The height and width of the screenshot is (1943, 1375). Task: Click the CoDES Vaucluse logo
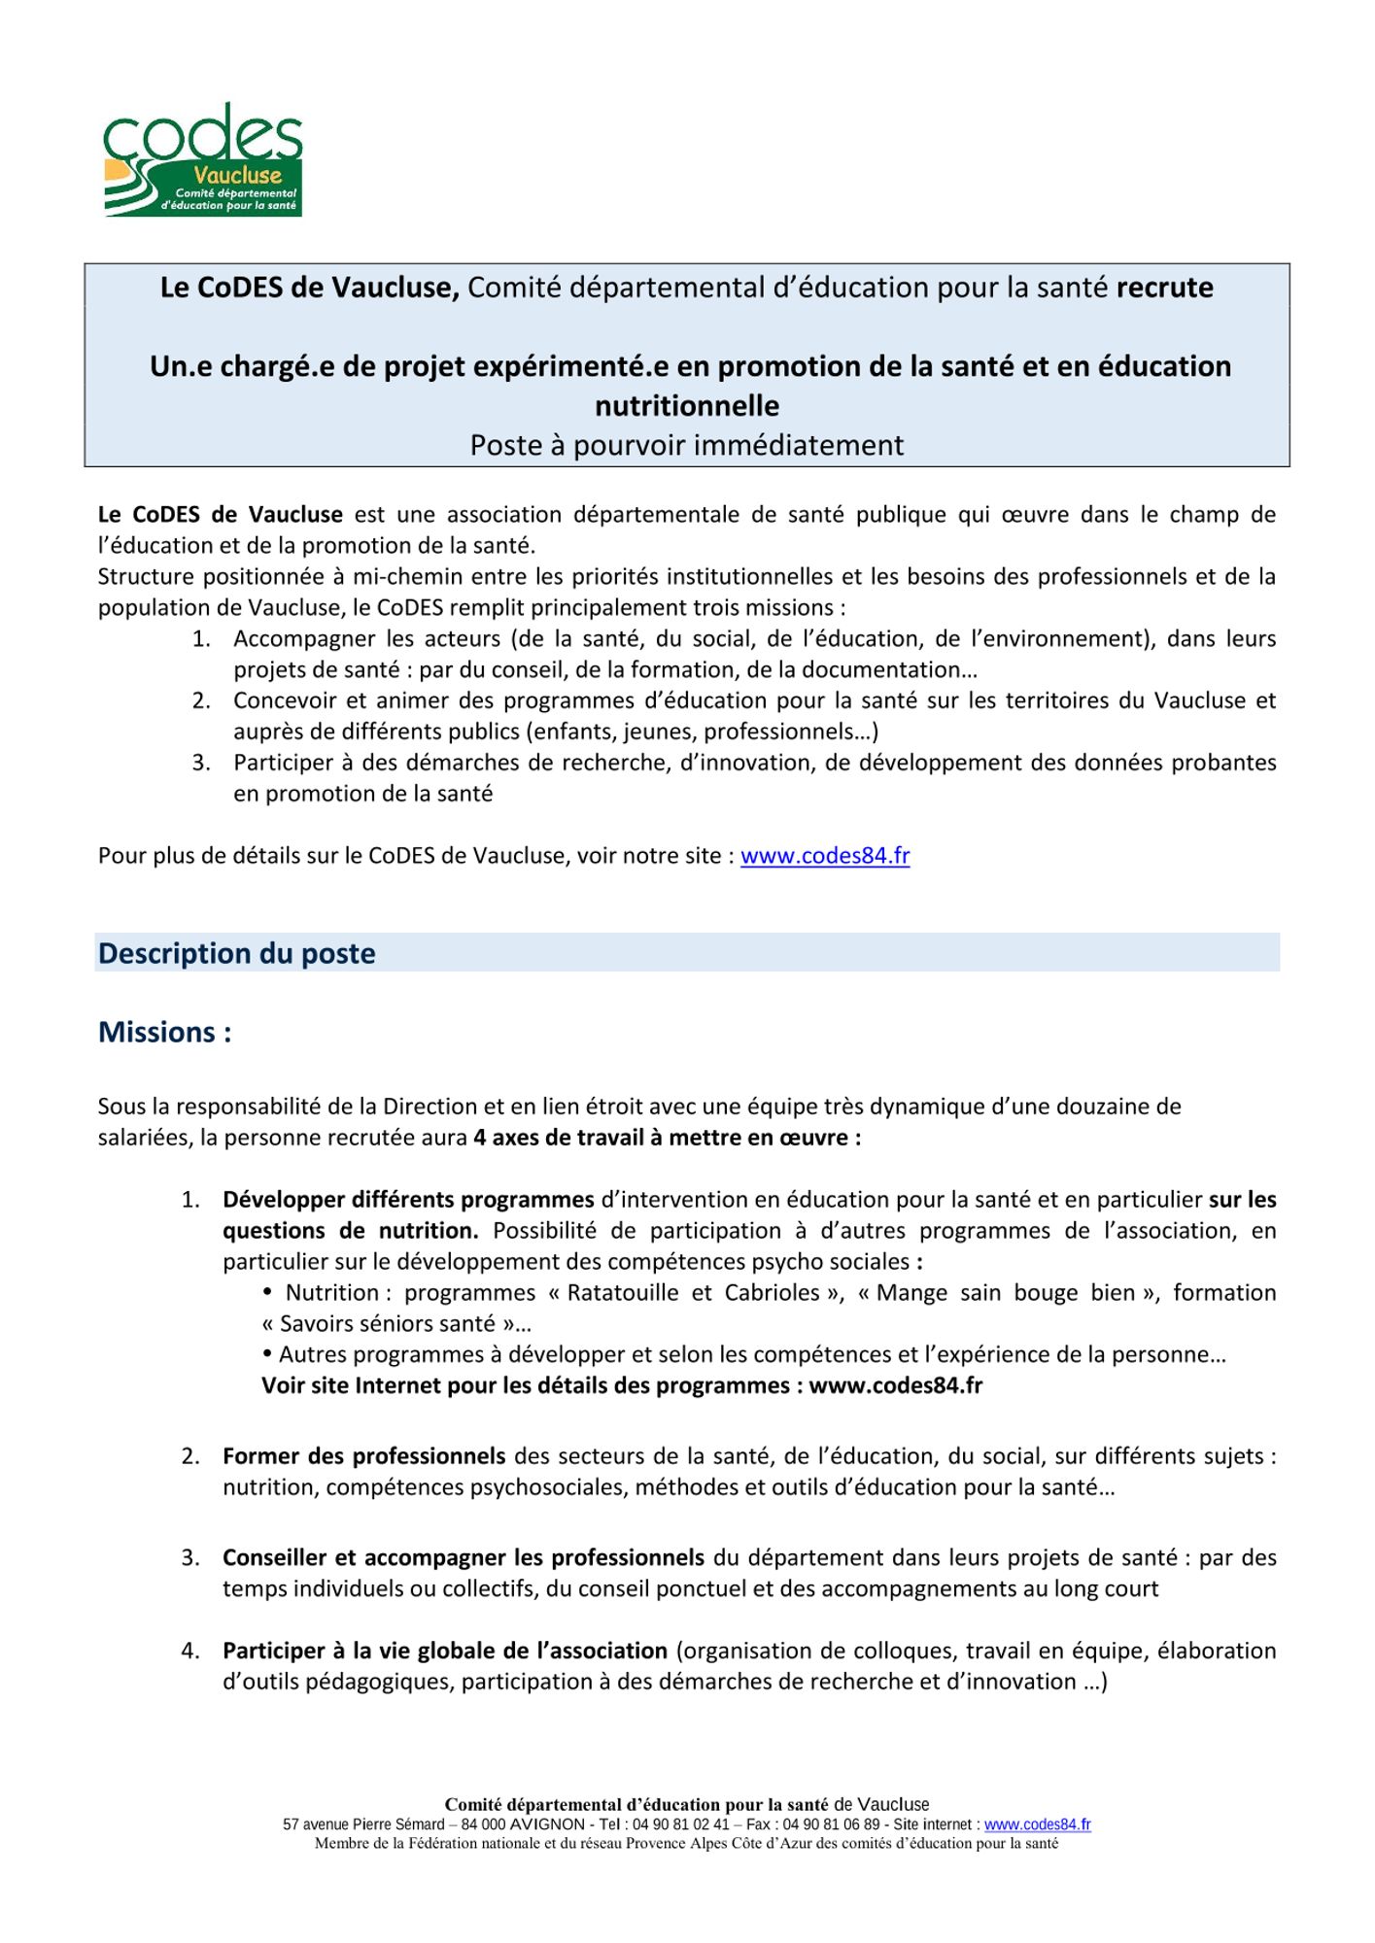pyautogui.click(x=203, y=160)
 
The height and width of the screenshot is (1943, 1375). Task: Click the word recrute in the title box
pyautogui.click(x=1164, y=288)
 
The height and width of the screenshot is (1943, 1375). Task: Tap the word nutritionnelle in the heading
pyautogui.click(x=687, y=405)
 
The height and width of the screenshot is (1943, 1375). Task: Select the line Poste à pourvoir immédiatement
pyautogui.click(x=687, y=445)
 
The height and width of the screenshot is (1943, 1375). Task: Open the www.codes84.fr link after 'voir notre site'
pyautogui.click(x=825, y=856)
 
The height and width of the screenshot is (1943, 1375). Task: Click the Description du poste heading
pyautogui.click(x=236, y=953)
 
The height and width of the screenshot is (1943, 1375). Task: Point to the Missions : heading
pyautogui.click(x=164, y=1032)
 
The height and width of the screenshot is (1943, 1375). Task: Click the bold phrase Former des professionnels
pyautogui.click(x=363, y=1456)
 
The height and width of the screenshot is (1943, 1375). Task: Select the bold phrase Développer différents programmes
pyautogui.click(x=408, y=1200)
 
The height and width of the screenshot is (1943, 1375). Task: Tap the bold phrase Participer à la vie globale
pyautogui.click(x=444, y=1651)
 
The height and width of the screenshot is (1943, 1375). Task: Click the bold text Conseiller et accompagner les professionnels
pyautogui.click(x=463, y=1558)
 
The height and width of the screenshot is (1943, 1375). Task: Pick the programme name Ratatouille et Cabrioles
pyautogui.click(x=695, y=1293)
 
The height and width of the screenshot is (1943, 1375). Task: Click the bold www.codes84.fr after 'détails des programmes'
pyautogui.click(x=895, y=1386)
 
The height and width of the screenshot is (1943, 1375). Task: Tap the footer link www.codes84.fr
pyautogui.click(x=1037, y=1825)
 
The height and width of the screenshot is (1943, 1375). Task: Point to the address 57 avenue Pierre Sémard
pyautogui.click(x=363, y=1825)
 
